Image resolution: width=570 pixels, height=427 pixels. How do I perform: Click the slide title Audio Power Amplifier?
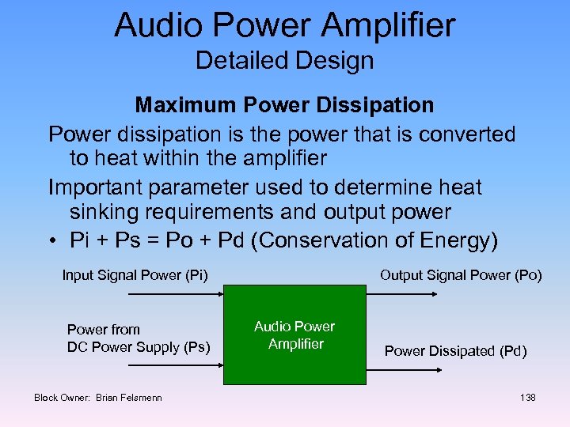[x=284, y=25]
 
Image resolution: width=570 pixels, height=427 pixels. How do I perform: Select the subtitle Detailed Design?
[x=284, y=61]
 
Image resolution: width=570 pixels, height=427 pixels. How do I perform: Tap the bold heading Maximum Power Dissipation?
[x=284, y=104]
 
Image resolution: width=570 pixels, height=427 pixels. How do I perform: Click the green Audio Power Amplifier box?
[x=294, y=334]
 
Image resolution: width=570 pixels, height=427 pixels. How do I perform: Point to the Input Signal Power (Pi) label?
[x=135, y=275]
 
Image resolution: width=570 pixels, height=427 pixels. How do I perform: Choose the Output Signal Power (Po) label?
[x=461, y=275]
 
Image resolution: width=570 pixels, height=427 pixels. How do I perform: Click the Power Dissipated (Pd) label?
[x=455, y=351]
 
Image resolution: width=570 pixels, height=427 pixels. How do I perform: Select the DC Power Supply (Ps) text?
[x=139, y=346]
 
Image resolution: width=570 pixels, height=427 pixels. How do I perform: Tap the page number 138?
[x=528, y=397]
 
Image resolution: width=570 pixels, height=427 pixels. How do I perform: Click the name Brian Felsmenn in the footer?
[x=128, y=397]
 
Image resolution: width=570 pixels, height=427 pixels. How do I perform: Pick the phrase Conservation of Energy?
[x=373, y=240]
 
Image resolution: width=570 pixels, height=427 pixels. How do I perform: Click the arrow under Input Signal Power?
[x=174, y=294]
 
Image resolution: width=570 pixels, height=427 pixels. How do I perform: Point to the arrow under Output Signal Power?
[x=403, y=294]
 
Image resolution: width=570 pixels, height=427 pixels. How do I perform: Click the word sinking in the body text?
[x=101, y=212]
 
